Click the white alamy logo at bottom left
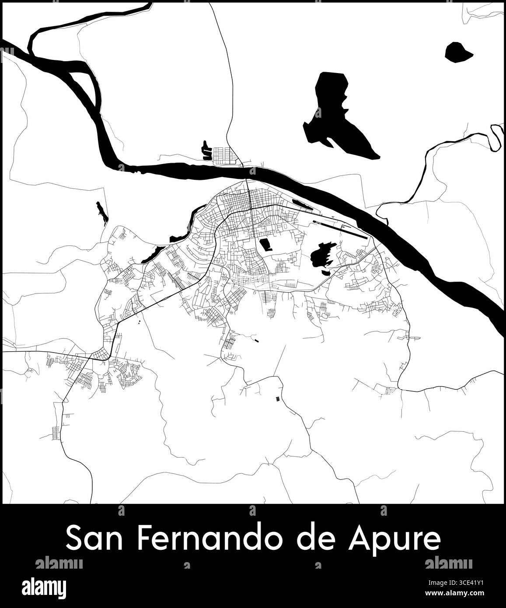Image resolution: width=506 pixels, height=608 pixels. point(45,586)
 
